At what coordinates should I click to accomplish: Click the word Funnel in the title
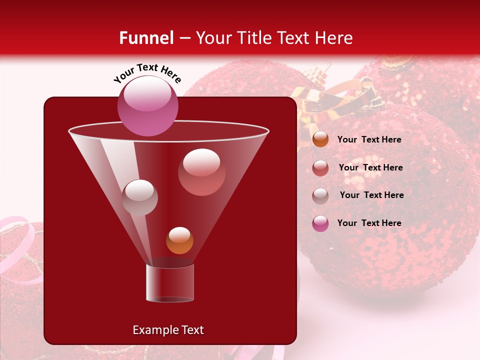146,38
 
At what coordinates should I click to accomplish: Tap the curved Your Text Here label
147,73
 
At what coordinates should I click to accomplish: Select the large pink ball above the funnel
147,106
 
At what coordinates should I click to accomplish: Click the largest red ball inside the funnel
201,172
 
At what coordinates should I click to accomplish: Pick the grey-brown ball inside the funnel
139,197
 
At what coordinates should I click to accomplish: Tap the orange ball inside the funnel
179,240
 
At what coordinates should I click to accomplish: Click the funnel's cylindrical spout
170,283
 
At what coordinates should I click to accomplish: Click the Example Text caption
168,330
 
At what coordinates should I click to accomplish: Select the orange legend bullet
320,139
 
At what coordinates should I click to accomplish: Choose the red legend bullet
320,167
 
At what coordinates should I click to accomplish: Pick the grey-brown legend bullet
320,195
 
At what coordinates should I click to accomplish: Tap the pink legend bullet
320,223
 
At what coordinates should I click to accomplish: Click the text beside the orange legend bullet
369,139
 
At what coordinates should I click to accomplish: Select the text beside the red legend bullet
370,167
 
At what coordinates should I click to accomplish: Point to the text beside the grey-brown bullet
371,195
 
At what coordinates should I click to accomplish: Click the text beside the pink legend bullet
369,223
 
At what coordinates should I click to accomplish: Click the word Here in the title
334,38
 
